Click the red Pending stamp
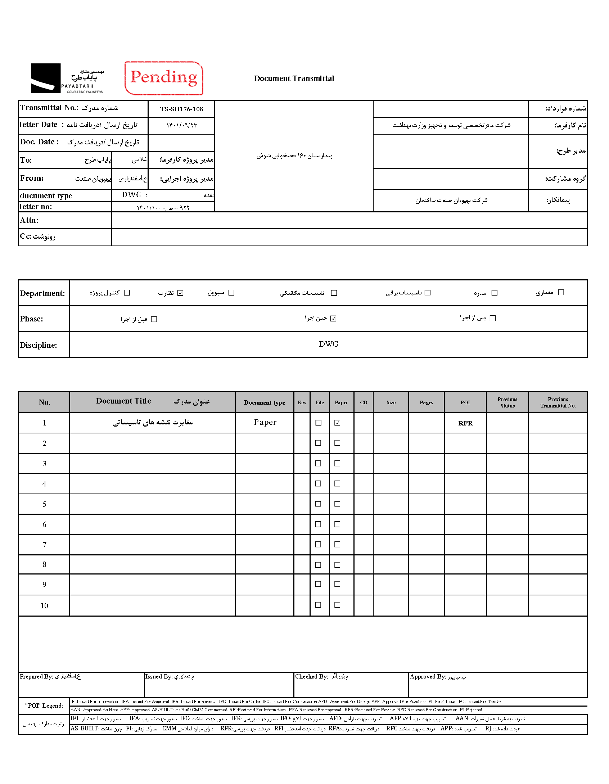[164, 78]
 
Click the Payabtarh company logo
[67, 78]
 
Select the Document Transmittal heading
[294, 78]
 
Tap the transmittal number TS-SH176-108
[181, 109]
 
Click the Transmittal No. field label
[49, 108]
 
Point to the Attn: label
[29, 220]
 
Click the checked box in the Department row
[180, 293]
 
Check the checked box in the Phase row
[333, 319]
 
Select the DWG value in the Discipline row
[328, 344]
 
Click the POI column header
[465, 402]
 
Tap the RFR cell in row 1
[465, 423]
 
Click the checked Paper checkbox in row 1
[337, 423]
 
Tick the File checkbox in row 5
[318, 504]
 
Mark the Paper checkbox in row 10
[337, 605]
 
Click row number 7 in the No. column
[44, 545]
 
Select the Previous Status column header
[507, 402]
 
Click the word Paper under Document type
[265, 422]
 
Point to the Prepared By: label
[36, 677]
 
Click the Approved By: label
[428, 677]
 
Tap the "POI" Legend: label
[44, 706]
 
